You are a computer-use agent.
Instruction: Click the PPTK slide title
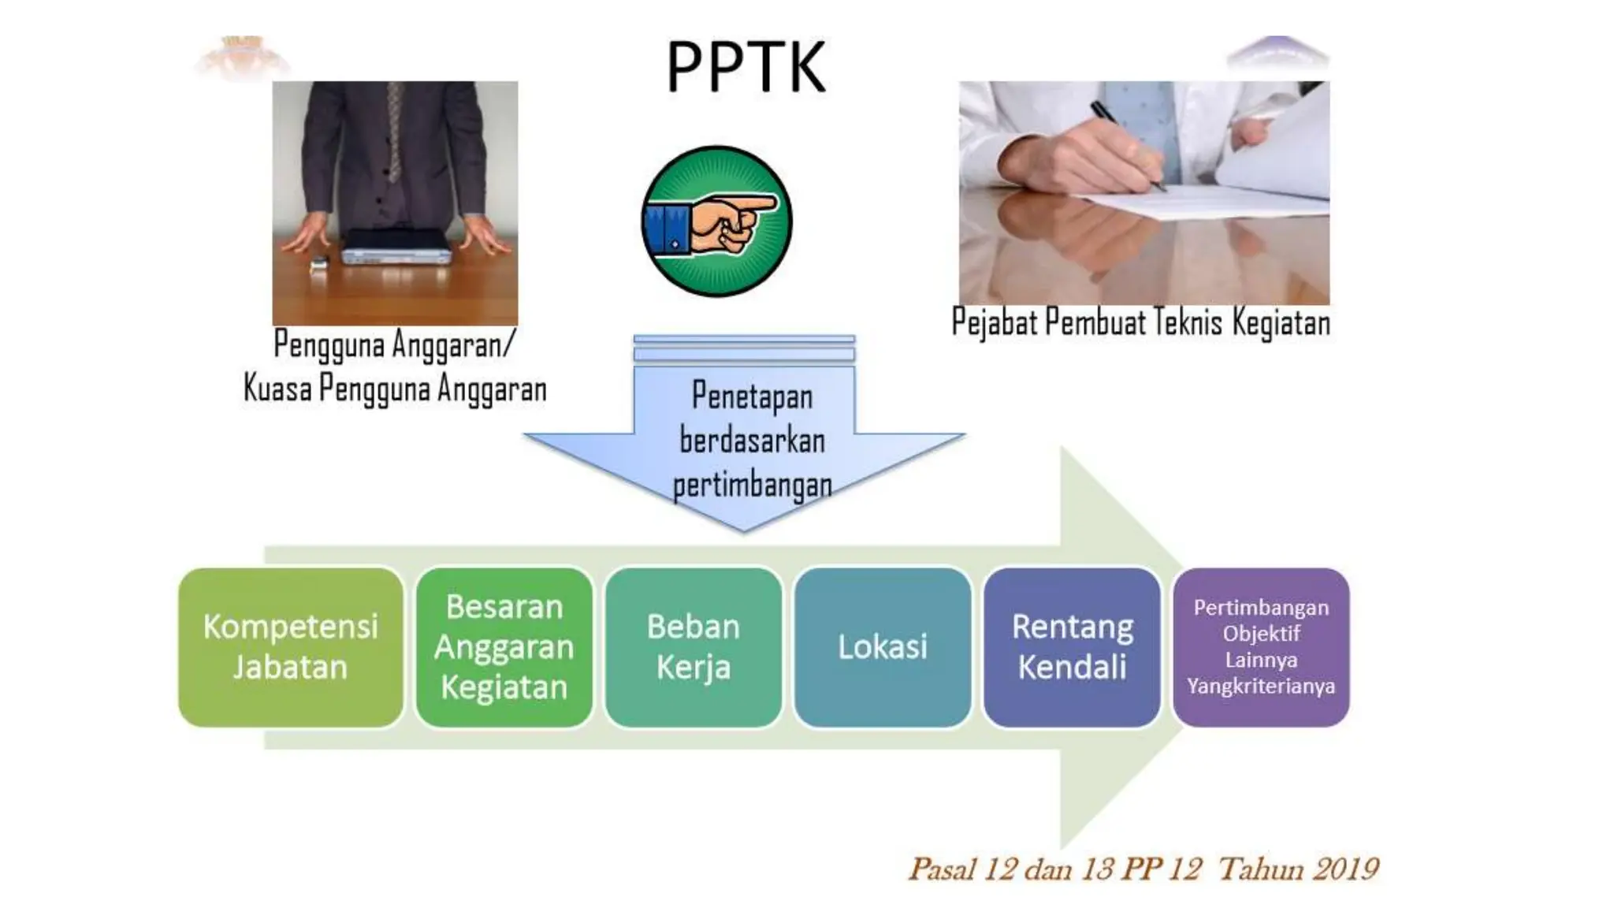coord(746,67)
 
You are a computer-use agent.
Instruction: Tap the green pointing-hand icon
coord(716,221)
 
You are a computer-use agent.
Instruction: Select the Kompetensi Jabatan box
coord(291,647)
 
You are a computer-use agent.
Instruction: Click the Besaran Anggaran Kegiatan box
coord(504,647)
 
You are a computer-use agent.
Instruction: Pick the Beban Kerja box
coord(694,647)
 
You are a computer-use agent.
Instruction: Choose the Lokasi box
coord(883,647)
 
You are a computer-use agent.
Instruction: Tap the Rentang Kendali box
coord(1072,647)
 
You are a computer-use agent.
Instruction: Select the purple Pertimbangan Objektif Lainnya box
coord(1261,647)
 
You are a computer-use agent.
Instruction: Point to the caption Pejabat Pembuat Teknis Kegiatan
coord(1140,323)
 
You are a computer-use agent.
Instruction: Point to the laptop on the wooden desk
coord(396,247)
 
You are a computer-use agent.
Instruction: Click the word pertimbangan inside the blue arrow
coord(752,485)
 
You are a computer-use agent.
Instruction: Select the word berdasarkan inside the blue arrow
coord(752,441)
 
